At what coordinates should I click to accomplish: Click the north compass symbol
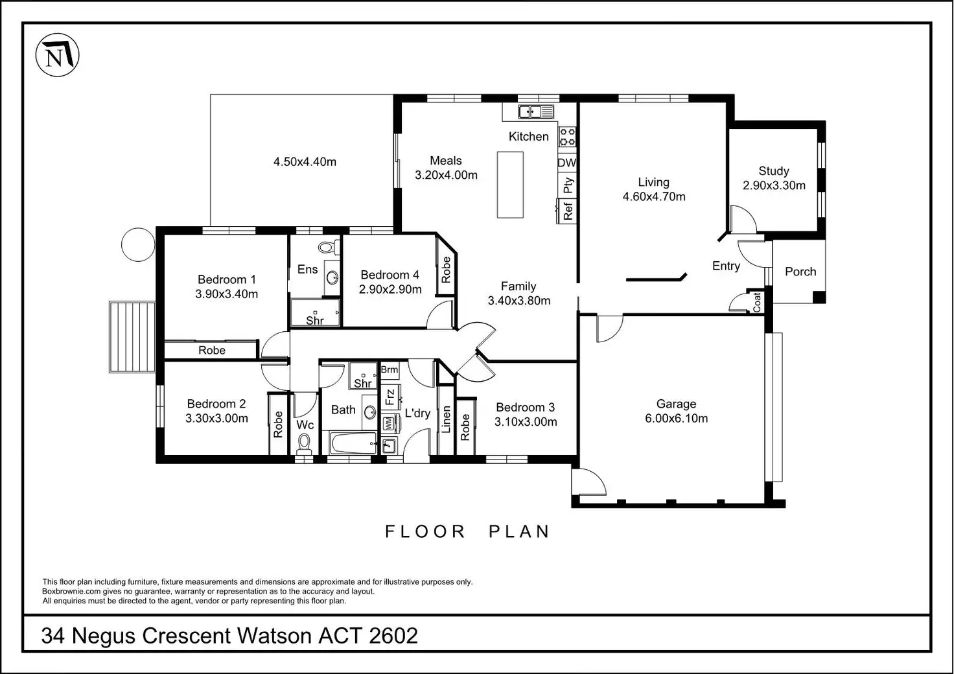pos(57,55)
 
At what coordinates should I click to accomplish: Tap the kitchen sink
pos(536,112)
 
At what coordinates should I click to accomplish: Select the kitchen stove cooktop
pos(567,137)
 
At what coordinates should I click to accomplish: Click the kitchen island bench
pos(510,185)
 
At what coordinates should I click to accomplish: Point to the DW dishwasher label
pos(567,163)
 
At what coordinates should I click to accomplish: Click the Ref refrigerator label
pos(568,211)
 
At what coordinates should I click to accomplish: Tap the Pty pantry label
pos(568,185)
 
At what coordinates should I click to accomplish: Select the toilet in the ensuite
pos(329,246)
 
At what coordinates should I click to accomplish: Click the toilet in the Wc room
pos(304,443)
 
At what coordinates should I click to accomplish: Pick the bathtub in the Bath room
pos(353,443)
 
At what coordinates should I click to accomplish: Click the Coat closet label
pos(757,302)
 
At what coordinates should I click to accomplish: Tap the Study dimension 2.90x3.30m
pos(774,185)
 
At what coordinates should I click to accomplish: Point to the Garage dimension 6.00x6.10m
pos(677,419)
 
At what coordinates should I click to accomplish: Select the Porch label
pos(800,272)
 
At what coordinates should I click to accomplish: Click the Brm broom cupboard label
pos(390,369)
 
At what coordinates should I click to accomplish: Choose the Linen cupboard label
pos(446,419)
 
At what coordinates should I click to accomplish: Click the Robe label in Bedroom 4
pos(446,270)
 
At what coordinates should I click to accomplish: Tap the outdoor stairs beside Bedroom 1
pos(132,337)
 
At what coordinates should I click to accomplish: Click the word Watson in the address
pos(274,636)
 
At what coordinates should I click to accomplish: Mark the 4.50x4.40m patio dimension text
pos(305,162)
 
